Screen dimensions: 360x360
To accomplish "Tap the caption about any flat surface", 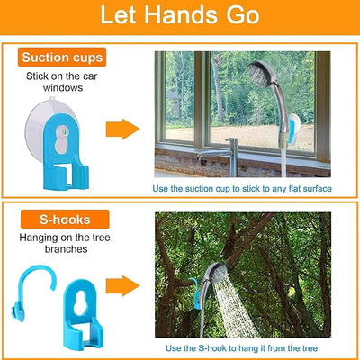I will click(x=255, y=188).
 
